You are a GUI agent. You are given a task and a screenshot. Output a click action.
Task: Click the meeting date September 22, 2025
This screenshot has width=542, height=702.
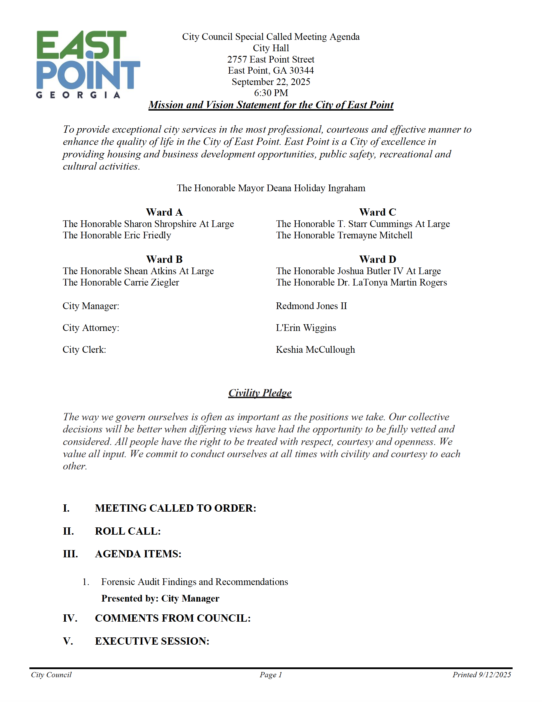tap(271, 82)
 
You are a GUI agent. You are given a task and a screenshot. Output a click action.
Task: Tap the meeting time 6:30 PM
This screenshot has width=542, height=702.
tap(271, 93)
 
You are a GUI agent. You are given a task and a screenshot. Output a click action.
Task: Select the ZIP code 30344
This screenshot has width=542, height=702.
tap(301, 70)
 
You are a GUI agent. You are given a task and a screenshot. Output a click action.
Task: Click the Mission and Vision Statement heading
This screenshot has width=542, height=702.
tap(271, 105)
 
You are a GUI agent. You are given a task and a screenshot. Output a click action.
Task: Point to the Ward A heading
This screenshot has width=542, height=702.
tap(164, 212)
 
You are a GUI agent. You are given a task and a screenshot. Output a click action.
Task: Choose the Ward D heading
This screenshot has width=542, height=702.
tap(378, 259)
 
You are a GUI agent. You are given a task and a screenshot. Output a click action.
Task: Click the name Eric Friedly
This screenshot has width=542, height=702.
tap(148, 235)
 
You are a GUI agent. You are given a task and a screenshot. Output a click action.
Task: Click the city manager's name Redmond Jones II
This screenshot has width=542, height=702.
tap(311, 306)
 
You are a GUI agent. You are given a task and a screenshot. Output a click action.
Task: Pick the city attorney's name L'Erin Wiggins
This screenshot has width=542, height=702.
tap(306, 327)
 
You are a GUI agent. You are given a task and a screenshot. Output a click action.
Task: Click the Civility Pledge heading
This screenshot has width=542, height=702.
tap(260, 393)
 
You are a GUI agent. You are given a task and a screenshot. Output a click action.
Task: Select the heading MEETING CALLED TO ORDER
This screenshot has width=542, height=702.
tap(175, 508)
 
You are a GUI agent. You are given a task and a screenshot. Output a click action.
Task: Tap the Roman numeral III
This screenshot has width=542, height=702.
tap(70, 554)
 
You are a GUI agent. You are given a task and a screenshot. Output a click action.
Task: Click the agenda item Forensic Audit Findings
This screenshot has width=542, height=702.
tap(194, 582)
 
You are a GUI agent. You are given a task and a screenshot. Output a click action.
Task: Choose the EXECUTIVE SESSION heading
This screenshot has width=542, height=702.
tap(152, 641)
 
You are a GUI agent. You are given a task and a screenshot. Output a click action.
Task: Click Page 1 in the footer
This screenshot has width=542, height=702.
tap(271, 675)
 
